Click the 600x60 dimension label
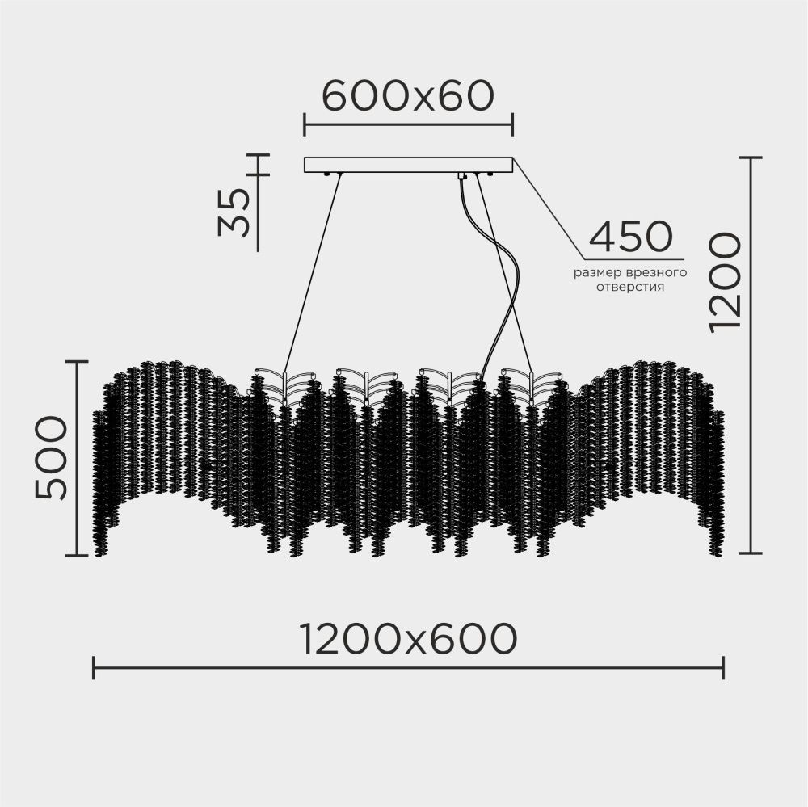[x=407, y=96]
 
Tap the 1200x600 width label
[x=408, y=639]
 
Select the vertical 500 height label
[x=51, y=458]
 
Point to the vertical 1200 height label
[x=725, y=283]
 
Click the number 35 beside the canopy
[x=234, y=212]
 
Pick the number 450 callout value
[x=631, y=237]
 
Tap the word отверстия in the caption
[x=630, y=288]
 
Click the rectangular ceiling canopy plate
[x=408, y=165]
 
